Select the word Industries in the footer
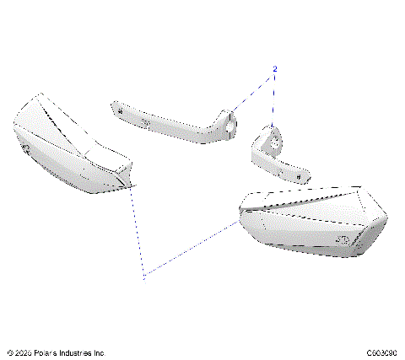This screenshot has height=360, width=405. (x=78, y=352)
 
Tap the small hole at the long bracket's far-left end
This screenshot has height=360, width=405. (x=119, y=110)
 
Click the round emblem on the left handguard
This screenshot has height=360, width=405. (x=25, y=148)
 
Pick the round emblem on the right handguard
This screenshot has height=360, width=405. (x=343, y=240)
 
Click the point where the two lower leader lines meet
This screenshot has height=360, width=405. (x=144, y=275)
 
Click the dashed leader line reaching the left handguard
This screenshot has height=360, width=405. (x=138, y=232)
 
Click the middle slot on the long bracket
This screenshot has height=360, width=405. (x=146, y=121)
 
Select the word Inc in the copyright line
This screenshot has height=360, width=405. (x=99, y=352)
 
